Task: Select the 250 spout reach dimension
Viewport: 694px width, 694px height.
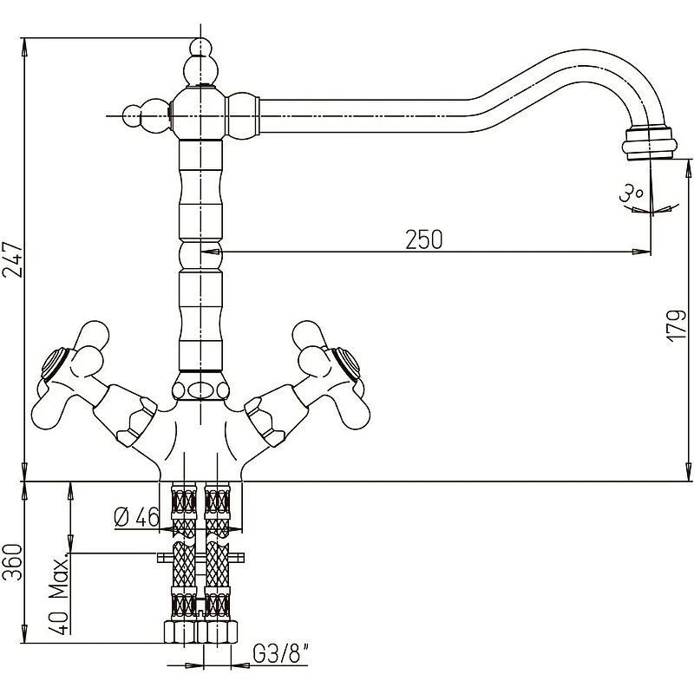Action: coord(423,239)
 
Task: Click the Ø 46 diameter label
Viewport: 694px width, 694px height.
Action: coord(136,517)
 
